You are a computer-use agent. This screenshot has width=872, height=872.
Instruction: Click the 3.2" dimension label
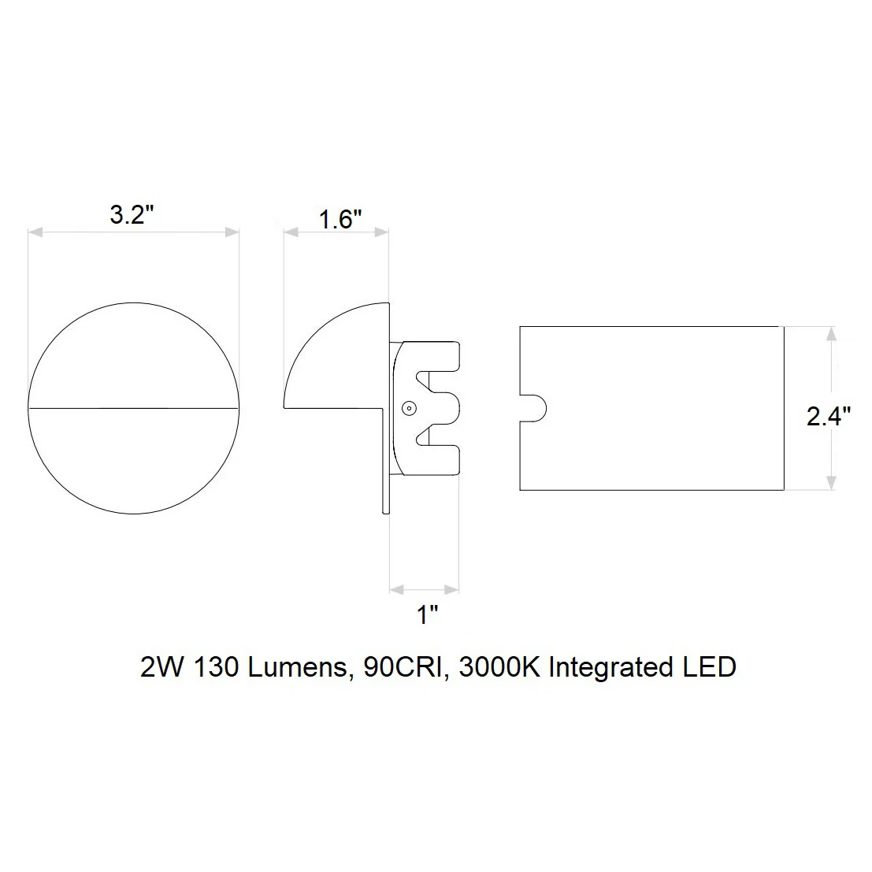(x=132, y=215)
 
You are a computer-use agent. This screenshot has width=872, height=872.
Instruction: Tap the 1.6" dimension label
(x=340, y=219)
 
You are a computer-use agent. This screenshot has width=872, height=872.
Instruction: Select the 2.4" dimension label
(x=829, y=417)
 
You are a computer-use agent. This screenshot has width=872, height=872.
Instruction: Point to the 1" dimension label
(x=428, y=615)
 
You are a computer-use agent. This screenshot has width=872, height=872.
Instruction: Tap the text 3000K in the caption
(x=499, y=666)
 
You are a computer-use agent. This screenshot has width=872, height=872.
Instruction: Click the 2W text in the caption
(x=161, y=666)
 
